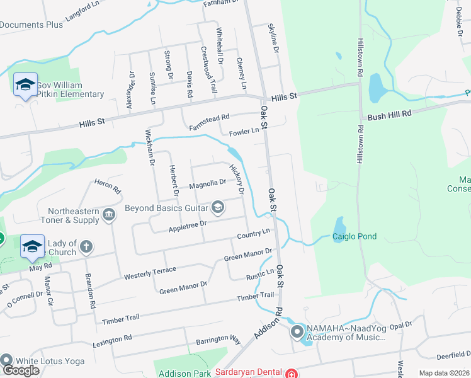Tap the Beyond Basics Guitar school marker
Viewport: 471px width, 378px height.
[x=218, y=207]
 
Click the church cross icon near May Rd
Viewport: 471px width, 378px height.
[x=86, y=247]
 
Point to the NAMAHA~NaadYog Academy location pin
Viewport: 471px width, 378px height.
[x=297, y=331]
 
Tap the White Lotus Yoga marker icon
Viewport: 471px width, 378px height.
[x=7, y=360]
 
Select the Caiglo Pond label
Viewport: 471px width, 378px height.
[x=355, y=237]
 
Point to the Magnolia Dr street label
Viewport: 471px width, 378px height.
[x=207, y=183]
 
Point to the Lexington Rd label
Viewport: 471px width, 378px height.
[x=113, y=339]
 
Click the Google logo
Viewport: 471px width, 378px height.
[x=21, y=370]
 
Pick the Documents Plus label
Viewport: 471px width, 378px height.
[x=31, y=25]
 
